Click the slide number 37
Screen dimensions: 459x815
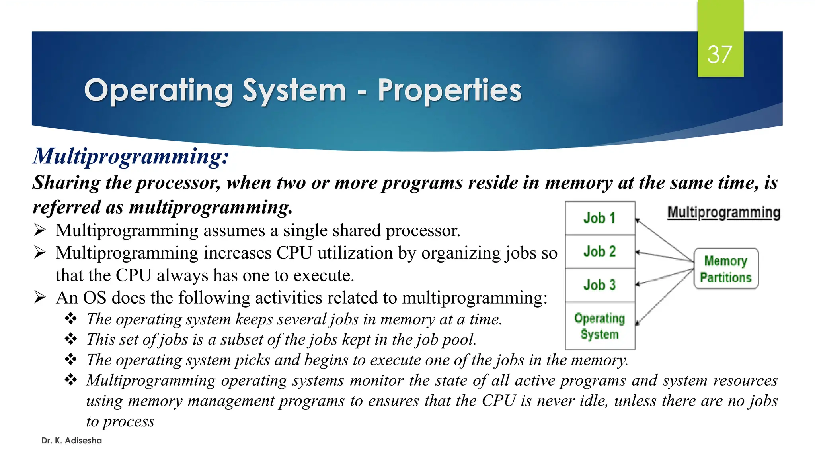coord(719,55)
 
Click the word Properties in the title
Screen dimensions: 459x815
coord(449,90)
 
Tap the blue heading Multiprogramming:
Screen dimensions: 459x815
coord(131,156)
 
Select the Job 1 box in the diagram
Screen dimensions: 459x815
coord(599,218)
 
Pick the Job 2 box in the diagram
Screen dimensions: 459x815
coord(599,251)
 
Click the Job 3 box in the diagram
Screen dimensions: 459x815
coord(599,285)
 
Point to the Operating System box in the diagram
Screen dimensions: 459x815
coord(599,326)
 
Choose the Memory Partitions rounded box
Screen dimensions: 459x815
coord(725,269)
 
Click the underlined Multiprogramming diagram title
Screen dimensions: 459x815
coord(723,212)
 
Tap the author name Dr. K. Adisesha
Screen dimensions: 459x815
coord(72,441)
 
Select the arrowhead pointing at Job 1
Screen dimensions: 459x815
coord(638,220)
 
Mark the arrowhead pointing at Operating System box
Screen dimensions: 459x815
coord(638,323)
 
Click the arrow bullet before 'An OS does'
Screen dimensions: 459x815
coord(40,297)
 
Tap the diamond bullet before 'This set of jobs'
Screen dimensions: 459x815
coord(71,339)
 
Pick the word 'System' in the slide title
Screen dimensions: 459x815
coord(294,90)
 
